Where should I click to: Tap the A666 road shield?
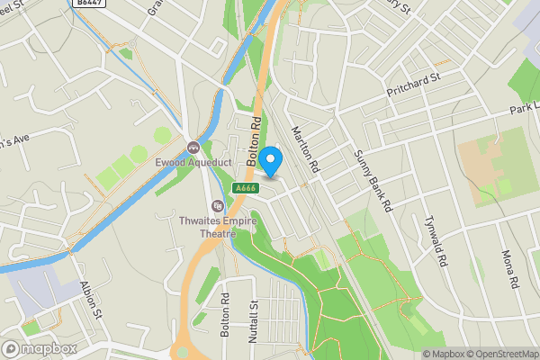242,188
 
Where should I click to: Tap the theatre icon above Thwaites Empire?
216,206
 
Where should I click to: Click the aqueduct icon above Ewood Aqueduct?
193,147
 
